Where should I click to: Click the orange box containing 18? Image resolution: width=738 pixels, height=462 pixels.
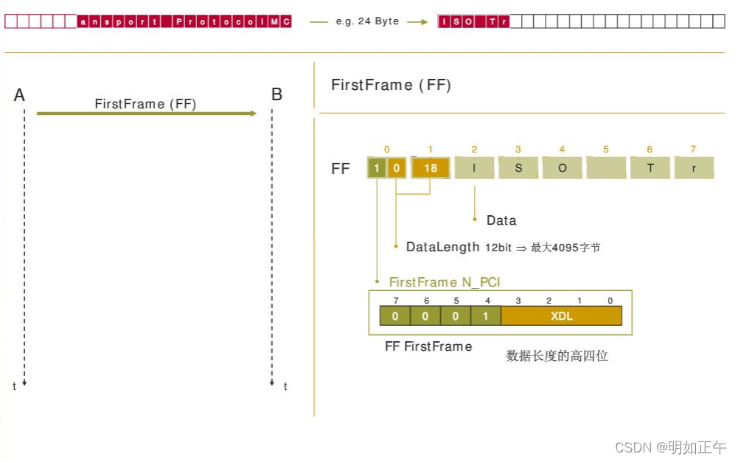click(431, 168)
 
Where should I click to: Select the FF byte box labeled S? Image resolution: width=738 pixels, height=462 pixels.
click(518, 168)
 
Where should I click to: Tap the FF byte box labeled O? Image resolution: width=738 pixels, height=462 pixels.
click(562, 168)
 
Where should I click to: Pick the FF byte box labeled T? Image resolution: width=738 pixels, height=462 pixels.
click(650, 168)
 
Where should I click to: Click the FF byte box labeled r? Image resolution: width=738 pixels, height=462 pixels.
click(694, 168)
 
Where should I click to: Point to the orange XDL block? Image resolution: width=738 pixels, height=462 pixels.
click(561, 315)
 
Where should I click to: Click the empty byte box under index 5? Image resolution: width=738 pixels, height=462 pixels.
click(606, 168)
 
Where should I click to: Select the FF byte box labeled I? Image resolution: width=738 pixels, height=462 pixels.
click(474, 168)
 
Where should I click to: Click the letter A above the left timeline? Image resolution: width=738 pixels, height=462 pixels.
click(20, 95)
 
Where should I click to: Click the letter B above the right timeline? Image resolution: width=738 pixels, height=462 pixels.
click(276, 94)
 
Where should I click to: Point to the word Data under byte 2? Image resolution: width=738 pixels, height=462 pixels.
click(501, 220)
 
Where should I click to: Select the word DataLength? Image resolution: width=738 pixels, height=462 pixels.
click(442, 247)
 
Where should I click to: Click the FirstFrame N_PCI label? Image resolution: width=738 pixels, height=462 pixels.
click(445, 282)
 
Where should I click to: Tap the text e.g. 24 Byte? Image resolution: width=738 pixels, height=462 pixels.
click(367, 21)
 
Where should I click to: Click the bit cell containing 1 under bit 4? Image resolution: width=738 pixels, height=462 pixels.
click(486, 315)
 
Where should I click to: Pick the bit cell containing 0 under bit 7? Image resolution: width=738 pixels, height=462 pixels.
click(395, 315)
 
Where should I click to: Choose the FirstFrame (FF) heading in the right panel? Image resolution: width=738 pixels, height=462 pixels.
click(391, 85)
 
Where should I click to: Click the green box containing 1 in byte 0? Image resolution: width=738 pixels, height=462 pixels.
click(377, 168)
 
